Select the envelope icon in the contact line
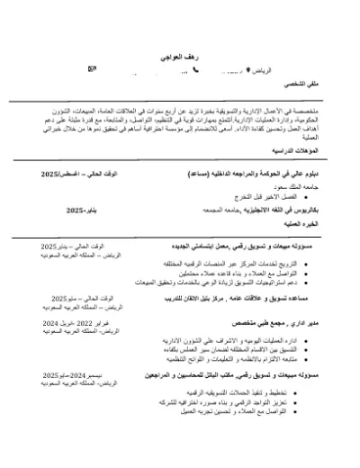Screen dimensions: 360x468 90,69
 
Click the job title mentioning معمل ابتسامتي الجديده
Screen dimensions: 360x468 243,246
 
